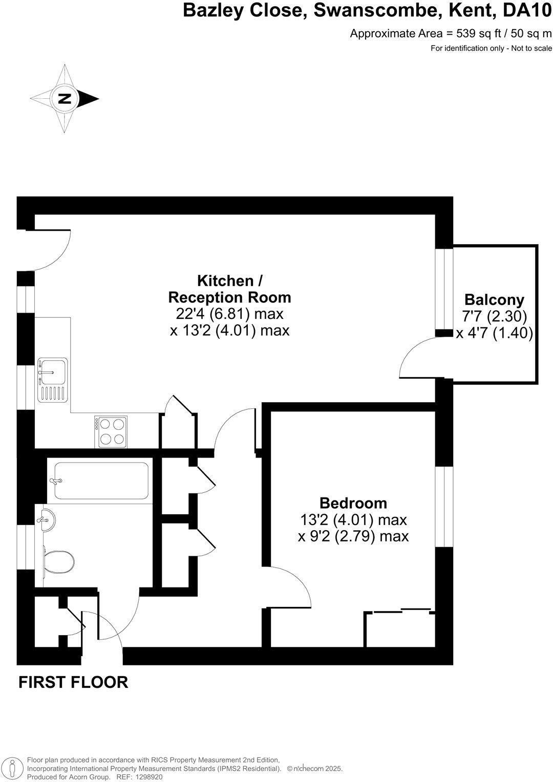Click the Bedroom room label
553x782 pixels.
(353, 503)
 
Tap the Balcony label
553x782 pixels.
(494, 299)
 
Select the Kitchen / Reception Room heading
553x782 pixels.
(230, 289)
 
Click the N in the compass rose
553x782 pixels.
(65, 98)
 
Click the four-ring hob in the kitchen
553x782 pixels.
(111, 431)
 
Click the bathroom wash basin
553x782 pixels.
(46, 521)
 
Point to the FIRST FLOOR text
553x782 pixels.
(73, 682)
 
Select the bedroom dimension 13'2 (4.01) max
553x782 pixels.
(353, 520)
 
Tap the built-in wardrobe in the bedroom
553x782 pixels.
(400, 629)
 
